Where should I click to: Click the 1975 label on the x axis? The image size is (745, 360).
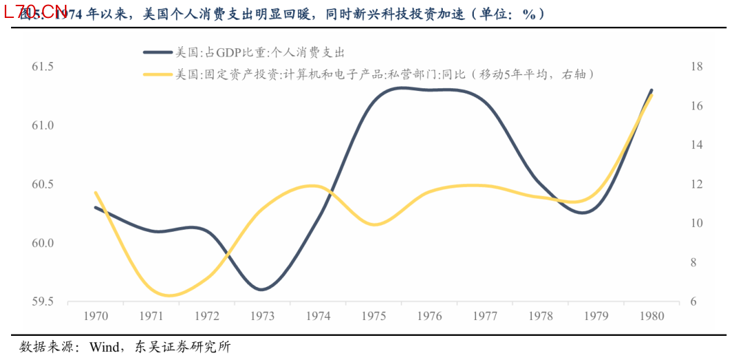[373, 316]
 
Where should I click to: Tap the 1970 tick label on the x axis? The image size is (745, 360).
[95, 316]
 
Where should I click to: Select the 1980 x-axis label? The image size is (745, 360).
[652, 316]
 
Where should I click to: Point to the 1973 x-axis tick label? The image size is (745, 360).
[262, 316]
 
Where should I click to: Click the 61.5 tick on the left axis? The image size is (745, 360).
[43, 67]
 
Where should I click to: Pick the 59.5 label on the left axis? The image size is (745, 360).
[43, 302]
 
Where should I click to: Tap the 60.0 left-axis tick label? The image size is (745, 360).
[43, 243]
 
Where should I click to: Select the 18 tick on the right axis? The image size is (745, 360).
[696, 67]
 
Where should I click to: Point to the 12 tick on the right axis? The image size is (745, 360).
[696, 184]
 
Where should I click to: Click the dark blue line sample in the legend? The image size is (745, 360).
[157, 52]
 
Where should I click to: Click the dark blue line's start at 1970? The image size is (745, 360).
[95, 207]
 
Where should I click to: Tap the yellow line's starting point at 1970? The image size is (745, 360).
[95, 192]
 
